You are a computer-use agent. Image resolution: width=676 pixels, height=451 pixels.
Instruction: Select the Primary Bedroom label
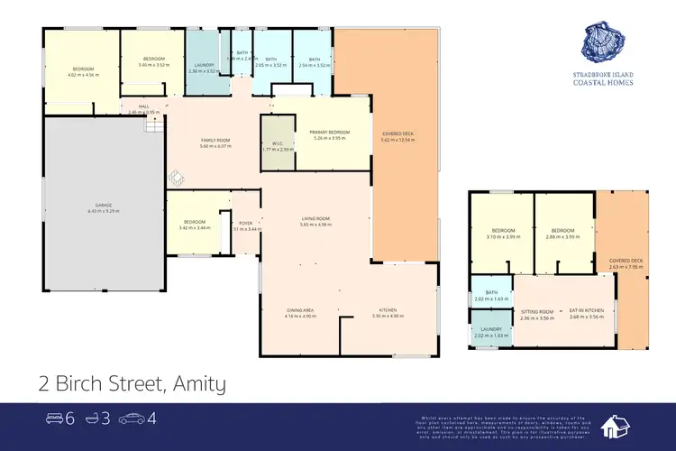(x=330, y=133)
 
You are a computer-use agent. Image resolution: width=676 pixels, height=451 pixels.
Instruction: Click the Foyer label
(x=245, y=223)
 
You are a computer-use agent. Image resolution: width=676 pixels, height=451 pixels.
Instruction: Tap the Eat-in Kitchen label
(x=586, y=311)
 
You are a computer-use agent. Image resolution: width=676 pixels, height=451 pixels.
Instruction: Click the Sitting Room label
(x=535, y=311)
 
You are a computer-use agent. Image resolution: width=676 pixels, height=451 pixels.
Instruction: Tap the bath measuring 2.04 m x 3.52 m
(x=314, y=66)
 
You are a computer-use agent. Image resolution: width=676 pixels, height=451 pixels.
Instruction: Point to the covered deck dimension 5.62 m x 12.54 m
(x=397, y=140)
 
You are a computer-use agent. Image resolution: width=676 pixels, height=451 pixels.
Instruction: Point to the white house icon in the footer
(x=623, y=426)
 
